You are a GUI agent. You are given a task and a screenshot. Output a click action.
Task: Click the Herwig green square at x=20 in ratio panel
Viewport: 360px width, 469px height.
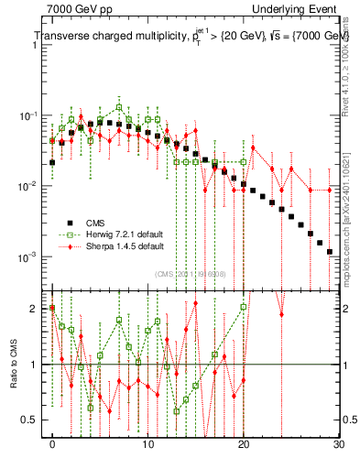tap(244, 307)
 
